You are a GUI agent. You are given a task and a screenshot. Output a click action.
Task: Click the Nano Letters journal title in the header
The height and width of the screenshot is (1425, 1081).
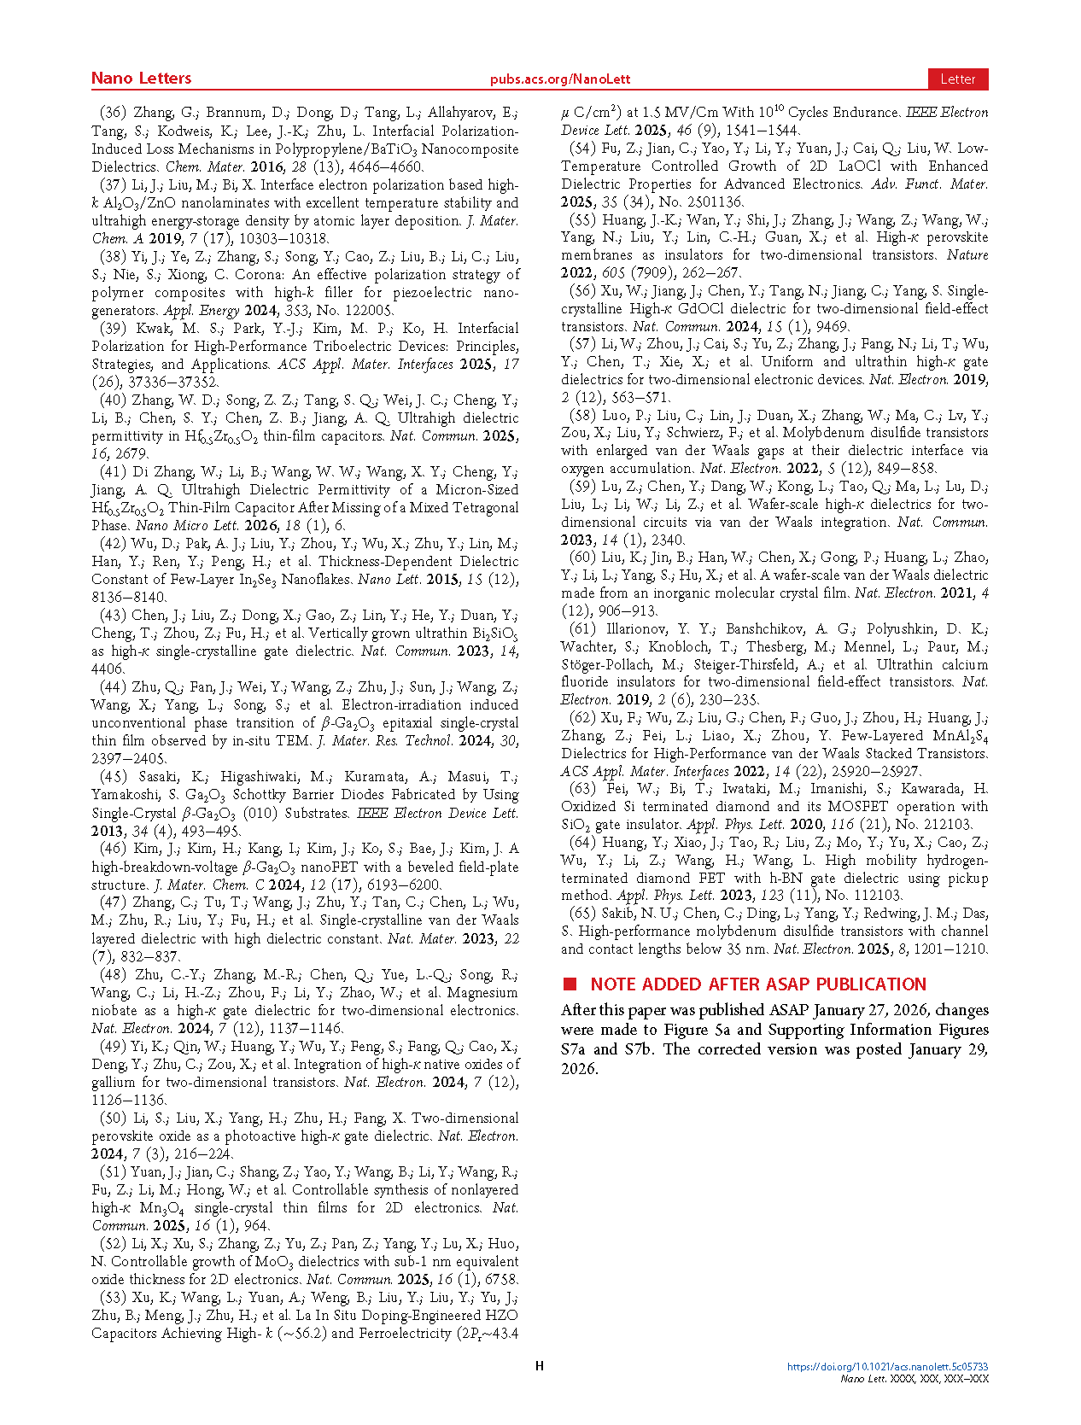[x=141, y=79]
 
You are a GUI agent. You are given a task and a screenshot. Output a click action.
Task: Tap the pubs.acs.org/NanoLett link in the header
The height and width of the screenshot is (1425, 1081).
[x=559, y=79]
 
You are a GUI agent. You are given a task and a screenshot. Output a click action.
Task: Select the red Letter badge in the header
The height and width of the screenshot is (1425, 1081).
[x=957, y=79]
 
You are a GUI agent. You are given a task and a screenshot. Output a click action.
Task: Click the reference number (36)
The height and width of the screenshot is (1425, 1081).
[x=113, y=113]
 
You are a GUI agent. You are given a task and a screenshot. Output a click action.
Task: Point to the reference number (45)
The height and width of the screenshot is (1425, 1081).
[x=113, y=777]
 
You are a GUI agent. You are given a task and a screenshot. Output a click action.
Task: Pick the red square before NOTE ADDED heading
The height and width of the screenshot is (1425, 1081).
[x=570, y=984]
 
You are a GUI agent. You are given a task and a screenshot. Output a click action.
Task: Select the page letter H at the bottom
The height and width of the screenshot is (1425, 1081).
[x=540, y=1366]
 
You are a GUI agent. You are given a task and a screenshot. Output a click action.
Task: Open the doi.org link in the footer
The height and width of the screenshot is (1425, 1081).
[x=887, y=1367]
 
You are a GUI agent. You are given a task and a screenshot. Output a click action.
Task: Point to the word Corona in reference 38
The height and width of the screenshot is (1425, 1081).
[x=260, y=275]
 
